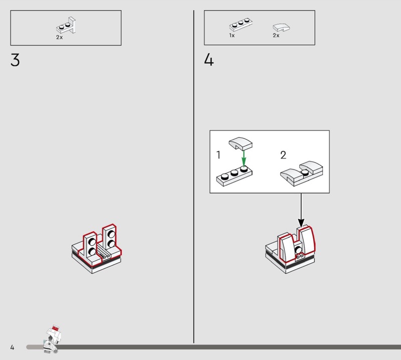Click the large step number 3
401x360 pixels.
coord(15,60)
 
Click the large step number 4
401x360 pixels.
coord(209,60)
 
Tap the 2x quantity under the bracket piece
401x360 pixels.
coord(59,38)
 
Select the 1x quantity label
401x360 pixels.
coord(232,35)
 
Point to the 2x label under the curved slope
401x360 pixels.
coord(276,35)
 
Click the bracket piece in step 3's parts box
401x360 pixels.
coord(66,26)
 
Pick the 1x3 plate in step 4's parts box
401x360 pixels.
coord(241,24)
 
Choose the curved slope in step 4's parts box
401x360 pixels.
coord(281,28)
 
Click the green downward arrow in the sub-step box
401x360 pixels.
coord(244,158)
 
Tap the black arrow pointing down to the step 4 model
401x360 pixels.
coord(301,210)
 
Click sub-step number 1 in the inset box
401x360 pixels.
coord(218,155)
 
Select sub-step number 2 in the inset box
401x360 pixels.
coord(283,155)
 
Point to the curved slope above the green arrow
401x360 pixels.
coord(241,143)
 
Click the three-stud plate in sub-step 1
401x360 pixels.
coord(234,176)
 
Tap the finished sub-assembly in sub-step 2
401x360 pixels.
coord(302,173)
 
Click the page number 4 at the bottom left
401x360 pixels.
coord(12,347)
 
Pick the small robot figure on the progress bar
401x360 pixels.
coord(53,339)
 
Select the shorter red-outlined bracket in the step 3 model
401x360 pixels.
coord(90,248)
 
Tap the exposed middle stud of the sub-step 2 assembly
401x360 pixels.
coord(305,172)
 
